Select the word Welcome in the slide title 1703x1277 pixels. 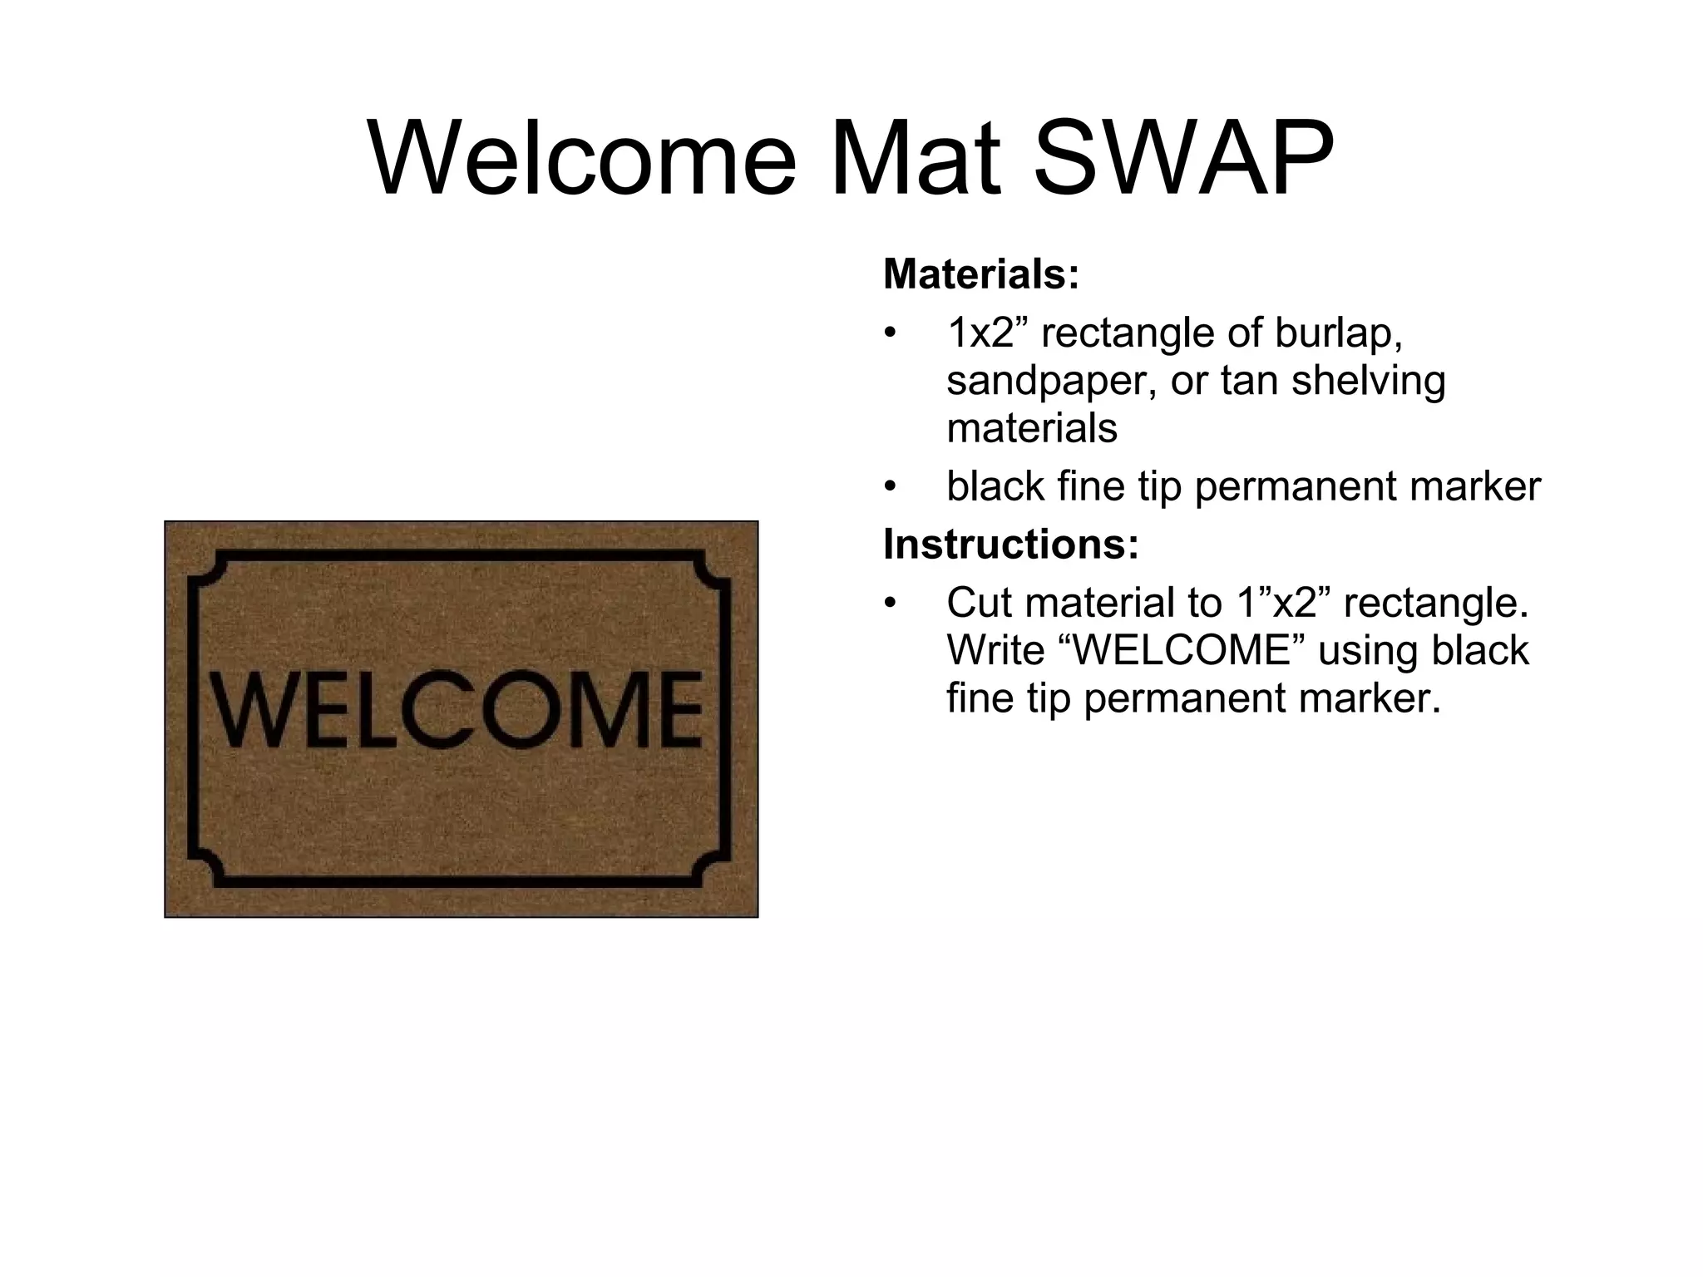coord(582,158)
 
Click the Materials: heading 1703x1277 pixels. coord(981,274)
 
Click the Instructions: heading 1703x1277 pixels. coord(1010,544)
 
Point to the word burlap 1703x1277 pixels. coord(1339,333)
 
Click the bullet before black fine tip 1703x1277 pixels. coord(891,486)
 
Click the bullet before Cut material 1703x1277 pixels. coord(891,603)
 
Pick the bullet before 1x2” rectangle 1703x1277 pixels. coord(891,333)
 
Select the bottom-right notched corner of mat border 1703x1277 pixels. coord(713,870)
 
